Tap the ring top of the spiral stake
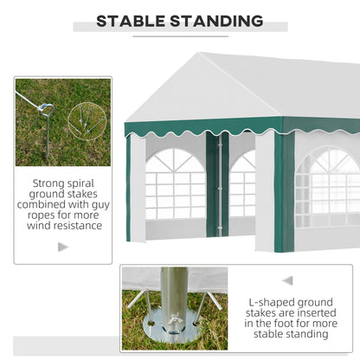(46, 108)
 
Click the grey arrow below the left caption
(62, 247)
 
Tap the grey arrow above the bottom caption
(287, 280)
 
